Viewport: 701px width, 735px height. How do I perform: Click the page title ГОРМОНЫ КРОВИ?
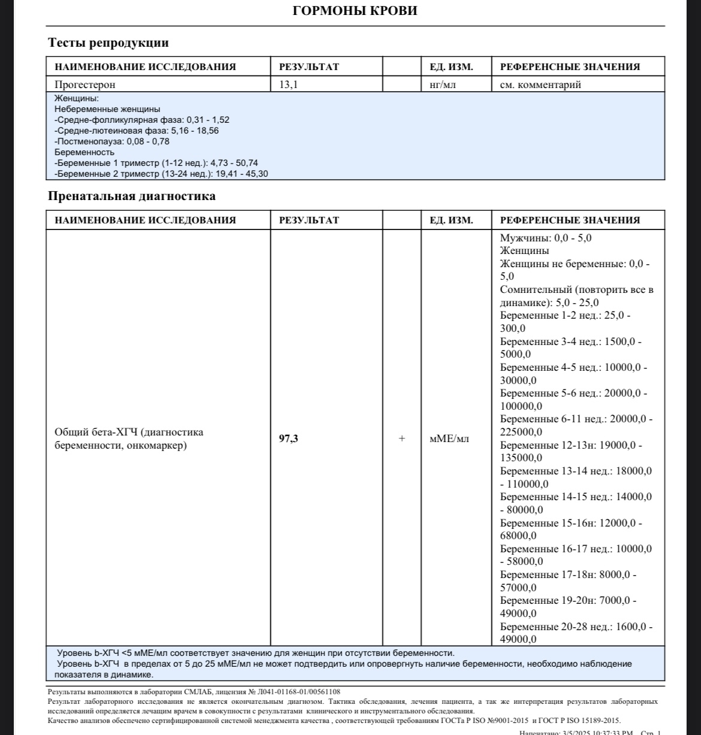click(x=355, y=11)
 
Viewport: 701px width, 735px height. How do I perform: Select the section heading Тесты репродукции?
click(x=108, y=43)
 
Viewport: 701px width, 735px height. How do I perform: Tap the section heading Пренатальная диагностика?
click(x=132, y=196)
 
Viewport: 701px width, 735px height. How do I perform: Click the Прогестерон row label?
click(x=85, y=84)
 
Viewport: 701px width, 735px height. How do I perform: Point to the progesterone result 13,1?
click(x=289, y=84)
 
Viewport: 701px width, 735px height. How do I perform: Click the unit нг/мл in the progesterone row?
click(x=443, y=84)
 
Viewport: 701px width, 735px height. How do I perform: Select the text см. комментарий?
click(x=540, y=84)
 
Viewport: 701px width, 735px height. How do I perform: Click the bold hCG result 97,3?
click(x=289, y=438)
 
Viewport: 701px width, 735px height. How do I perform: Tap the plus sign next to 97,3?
click(x=402, y=438)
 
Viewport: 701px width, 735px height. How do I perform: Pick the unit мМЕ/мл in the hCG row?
click(x=449, y=438)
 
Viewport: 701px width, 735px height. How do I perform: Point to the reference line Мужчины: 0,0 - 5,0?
click(x=546, y=238)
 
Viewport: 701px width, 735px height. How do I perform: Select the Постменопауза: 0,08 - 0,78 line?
click(x=112, y=141)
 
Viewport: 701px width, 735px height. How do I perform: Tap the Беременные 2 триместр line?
click(x=161, y=174)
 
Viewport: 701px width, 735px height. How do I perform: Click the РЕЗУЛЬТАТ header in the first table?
click(x=309, y=66)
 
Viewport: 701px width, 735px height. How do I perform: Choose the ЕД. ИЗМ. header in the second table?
click(x=451, y=220)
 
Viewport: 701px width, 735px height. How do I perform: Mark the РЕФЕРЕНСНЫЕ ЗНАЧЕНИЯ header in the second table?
click(x=570, y=220)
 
